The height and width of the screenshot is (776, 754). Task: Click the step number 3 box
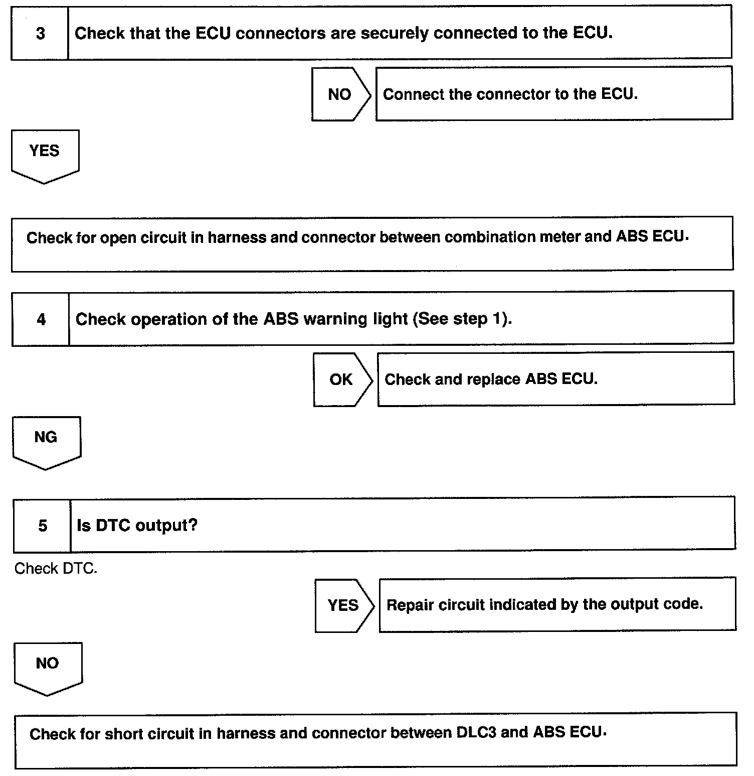coord(40,34)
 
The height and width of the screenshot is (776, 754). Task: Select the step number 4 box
coord(41,319)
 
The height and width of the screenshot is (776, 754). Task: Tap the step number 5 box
coord(43,526)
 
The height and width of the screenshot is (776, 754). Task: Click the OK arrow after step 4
coord(342,379)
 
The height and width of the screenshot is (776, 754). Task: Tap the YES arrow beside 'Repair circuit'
coord(344,605)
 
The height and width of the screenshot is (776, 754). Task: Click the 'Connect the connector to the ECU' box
coord(553,94)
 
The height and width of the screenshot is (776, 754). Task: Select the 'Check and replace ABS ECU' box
coord(555,379)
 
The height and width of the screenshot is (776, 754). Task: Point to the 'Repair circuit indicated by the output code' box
coord(557,604)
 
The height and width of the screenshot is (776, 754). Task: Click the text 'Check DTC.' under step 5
coord(56,569)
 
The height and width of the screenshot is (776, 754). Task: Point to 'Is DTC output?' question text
coord(137,526)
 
